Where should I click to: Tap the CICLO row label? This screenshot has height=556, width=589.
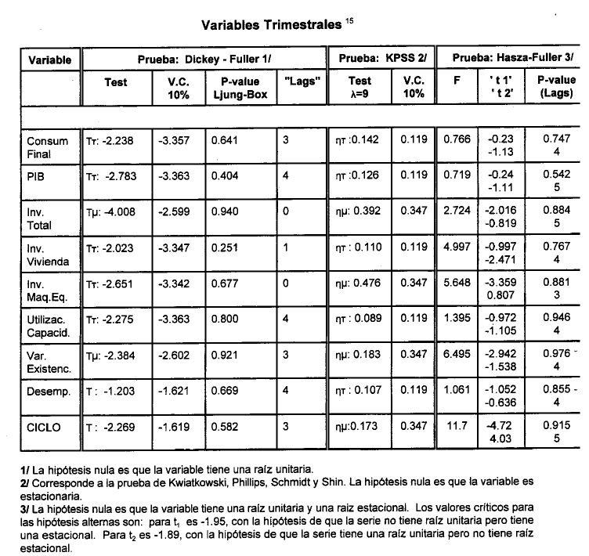click(43, 428)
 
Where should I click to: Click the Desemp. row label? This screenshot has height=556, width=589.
click(45, 391)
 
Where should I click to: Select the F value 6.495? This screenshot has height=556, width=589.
click(456, 355)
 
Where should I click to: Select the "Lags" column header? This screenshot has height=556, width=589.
click(301, 81)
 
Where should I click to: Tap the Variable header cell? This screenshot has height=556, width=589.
click(50, 60)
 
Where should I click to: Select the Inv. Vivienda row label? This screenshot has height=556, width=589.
click(48, 254)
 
